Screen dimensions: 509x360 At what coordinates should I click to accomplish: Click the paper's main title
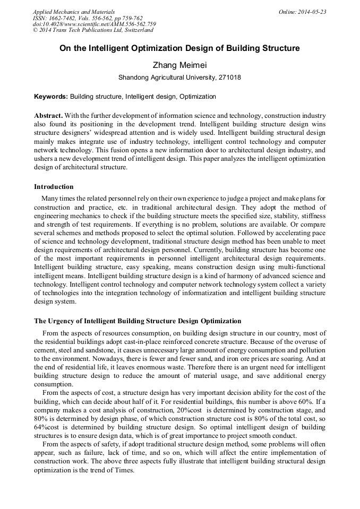(x=179, y=48)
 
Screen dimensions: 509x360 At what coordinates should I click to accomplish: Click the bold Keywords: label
(x=51, y=97)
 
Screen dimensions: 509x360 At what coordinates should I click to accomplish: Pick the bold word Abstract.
(x=48, y=116)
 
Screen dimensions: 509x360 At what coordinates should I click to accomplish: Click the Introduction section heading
(x=54, y=187)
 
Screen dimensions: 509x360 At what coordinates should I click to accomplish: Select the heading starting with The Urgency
(x=138, y=321)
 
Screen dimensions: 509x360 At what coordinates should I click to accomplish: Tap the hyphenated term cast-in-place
(x=149, y=341)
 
